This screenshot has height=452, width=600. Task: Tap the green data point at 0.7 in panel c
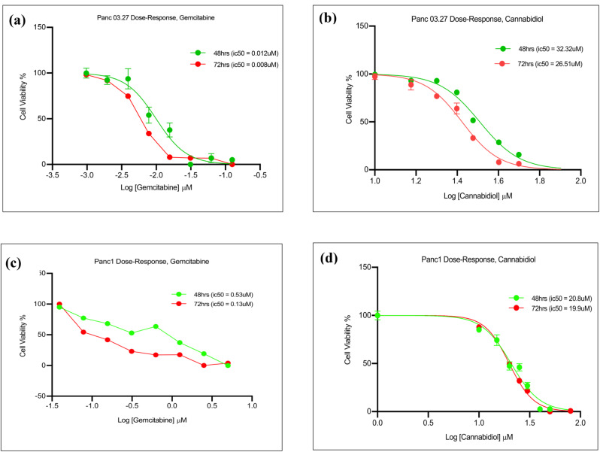(228, 365)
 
